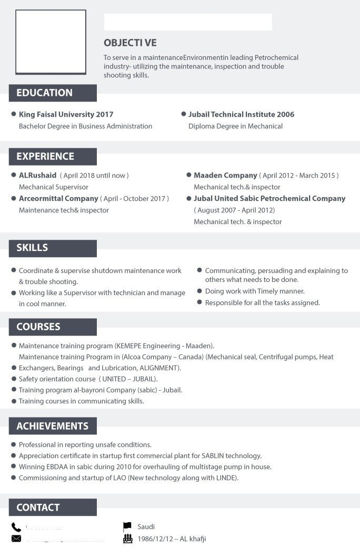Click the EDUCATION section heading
tap(44, 93)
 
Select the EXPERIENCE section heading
tap(45, 157)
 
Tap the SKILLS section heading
tap(32, 248)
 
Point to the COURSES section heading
tap(38, 327)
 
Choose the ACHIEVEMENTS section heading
tap(52, 426)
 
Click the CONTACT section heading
tap(38, 507)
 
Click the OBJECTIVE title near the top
tap(130, 43)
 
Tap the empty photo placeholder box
tap(51, 42)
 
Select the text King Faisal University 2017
tap(66, 114)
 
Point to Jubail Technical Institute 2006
tap(241, 114)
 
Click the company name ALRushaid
tap(37, 175)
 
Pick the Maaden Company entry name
tap(225, 175)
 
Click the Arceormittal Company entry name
tap(58, 198)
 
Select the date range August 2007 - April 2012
tap(234, 210)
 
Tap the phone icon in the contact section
tap(16, 527)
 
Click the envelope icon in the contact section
tap(16, 538)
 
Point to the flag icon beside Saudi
tap(127, 526)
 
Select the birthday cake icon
tap(127, 538)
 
